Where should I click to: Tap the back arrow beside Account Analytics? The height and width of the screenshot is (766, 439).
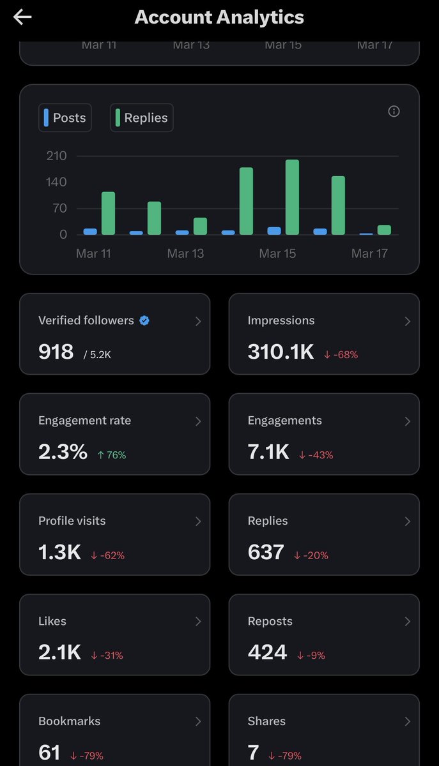(22, 18)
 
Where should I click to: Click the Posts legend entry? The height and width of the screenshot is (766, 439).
(65, 118)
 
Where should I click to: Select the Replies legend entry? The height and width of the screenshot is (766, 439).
(141, 118)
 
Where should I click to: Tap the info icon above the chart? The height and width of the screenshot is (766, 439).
(394, 111)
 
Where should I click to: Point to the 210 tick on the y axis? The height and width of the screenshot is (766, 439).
(56, 156)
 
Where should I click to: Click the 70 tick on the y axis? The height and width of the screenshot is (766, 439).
(59, 208)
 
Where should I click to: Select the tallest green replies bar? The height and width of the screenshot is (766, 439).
(292, 197)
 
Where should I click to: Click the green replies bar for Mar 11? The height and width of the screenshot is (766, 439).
(108, 213)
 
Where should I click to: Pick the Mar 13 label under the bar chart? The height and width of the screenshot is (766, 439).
(185, 253)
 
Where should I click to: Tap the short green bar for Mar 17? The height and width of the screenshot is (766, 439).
(384, 230)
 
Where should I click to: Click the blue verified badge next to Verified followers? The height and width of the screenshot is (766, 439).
(144, 320)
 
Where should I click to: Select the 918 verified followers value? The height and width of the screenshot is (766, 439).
(56, 351)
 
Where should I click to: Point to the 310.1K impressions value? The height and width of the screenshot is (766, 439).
(281, 351)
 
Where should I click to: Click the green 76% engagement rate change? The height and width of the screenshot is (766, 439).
(112, 455)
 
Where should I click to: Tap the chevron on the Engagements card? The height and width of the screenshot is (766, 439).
(407, 421)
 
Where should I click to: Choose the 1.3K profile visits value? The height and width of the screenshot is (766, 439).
(59, 552)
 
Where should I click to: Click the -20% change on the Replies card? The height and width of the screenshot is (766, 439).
(311, 555)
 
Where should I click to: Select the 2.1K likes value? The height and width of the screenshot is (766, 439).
(59, 652)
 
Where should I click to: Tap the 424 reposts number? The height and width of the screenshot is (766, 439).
(267, 652)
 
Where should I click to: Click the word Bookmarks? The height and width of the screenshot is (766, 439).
(69, 721)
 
